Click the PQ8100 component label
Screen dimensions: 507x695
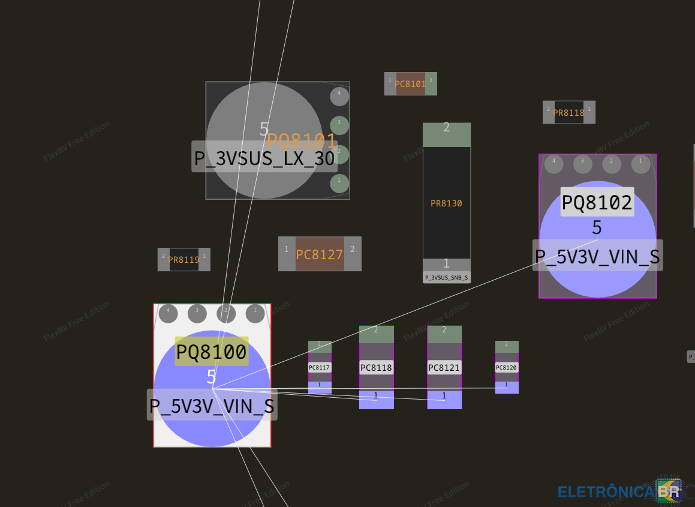211,352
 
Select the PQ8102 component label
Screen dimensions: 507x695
597,202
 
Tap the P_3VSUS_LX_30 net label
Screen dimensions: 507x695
264,157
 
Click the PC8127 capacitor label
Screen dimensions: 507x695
319,254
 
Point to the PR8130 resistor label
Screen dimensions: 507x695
446,203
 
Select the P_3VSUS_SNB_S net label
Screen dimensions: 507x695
446,277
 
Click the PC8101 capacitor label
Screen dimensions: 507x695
410,84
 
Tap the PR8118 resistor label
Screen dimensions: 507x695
568,113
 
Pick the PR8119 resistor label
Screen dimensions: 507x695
183,260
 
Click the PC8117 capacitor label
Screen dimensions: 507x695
319,367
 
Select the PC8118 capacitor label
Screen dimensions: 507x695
376,367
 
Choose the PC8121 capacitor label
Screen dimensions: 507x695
444,367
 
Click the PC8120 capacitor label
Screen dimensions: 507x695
506,367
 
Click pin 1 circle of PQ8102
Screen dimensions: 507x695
640,163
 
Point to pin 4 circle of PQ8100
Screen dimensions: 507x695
168,313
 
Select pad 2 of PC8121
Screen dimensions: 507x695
444,334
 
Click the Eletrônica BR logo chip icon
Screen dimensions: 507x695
669,491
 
